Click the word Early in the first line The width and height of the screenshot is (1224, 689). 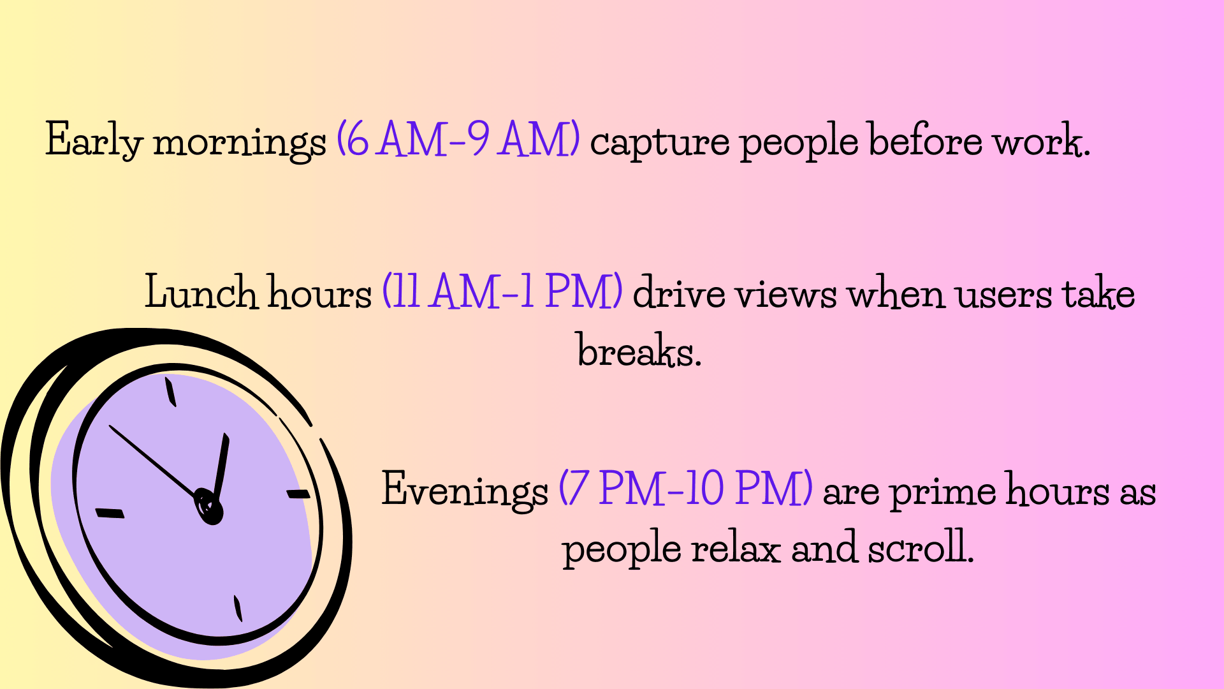tap(94, 140)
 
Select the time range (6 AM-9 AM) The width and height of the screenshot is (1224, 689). tap(458, 138)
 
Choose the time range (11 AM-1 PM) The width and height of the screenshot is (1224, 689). tap(502, 292)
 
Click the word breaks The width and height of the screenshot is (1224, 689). tap(639, 350)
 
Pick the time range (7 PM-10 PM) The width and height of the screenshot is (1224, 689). tap(685, 489)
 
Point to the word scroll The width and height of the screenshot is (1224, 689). tap(921, 546)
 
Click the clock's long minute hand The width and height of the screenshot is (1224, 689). tap(153, 461)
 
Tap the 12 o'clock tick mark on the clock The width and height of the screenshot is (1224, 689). tap(170, 392)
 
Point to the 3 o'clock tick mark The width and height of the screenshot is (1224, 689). tap(298, 494)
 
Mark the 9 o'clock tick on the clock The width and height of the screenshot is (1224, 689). tap(110, 513)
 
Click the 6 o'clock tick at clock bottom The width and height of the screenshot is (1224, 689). tap(238, 608)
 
